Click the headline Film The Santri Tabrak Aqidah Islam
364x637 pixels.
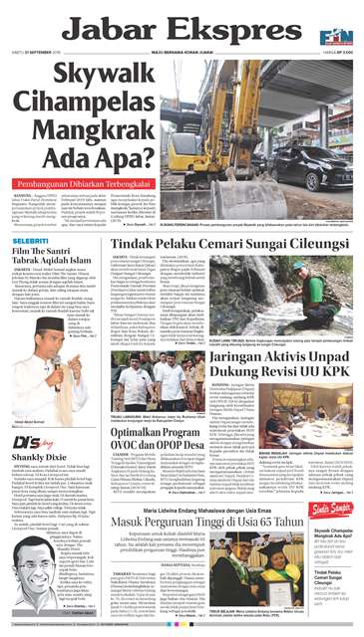(63, 262)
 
